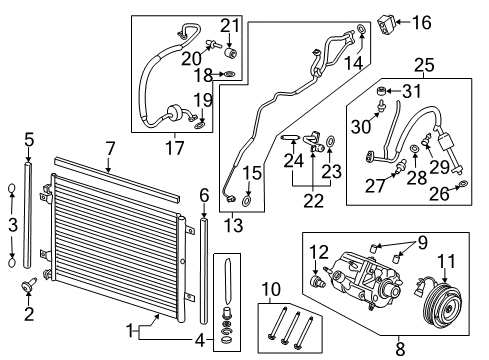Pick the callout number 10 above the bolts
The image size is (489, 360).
[271, 291]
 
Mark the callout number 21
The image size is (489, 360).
[230, 25]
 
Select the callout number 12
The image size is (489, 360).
[319, 251]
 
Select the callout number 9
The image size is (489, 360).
[422, 241]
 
